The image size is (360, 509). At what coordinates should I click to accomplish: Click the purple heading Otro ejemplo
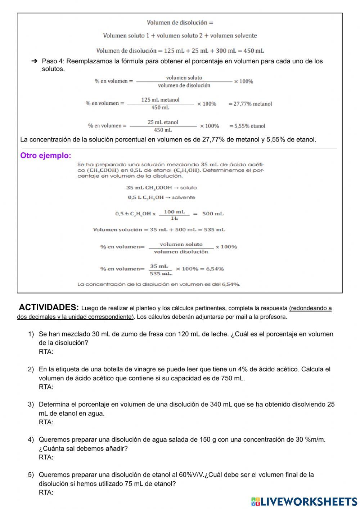(46, 156)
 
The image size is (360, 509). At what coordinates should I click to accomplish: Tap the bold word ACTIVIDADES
(49, 307)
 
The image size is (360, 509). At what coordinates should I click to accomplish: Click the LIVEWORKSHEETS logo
(304, 501)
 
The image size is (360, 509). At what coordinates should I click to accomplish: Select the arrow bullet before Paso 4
(35, 61)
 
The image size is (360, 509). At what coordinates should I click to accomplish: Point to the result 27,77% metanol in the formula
(250, 104)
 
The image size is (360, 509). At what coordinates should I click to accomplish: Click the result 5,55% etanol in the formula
(247, 126)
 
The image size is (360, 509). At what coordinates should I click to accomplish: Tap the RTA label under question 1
(46, 352)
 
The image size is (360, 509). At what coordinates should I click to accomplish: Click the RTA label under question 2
(46, 387)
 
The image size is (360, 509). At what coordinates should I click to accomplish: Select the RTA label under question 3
(46, 422)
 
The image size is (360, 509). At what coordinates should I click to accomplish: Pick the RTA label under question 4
(46, 457)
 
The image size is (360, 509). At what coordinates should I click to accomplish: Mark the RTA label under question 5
(46, 492)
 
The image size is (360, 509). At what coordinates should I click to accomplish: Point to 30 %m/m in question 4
(310, 439)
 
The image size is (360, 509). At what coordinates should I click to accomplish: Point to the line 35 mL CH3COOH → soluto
(161, 188)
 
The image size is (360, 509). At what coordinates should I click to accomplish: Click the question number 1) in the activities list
(31, 334)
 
